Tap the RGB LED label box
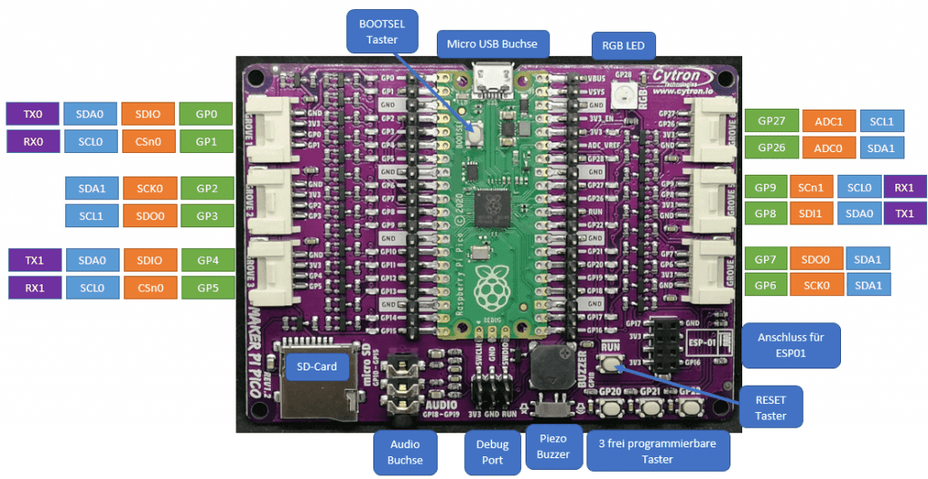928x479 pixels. pos(623,43)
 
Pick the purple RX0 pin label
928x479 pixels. pos(32,141)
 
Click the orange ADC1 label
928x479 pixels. pos(828,120)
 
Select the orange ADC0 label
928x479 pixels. pos(828,147)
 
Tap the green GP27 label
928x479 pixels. pos(770,120)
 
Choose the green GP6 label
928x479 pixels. pos(766,284)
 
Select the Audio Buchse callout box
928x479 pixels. pos(405,452)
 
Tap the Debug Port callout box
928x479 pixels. pos(492,452)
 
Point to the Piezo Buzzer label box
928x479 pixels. pos(553,446)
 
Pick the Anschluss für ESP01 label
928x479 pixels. pos(790,344)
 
